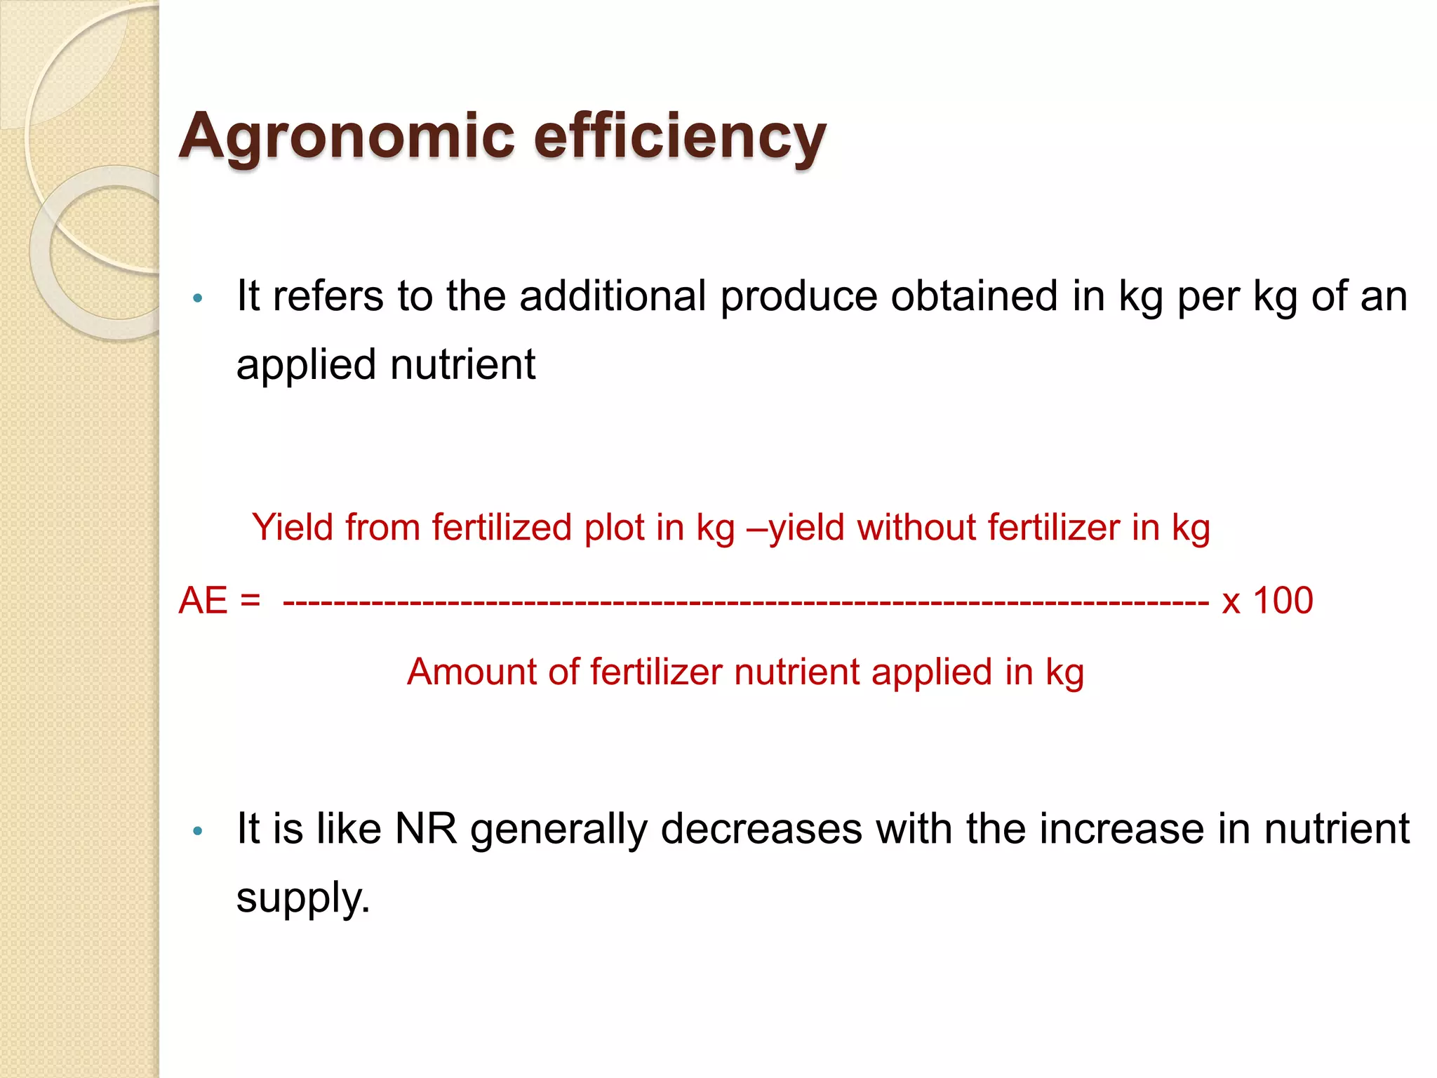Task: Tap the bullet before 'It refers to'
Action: (x=198, y=298)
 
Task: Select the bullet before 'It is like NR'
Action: (x=198, y=831)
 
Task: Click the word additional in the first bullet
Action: (x=613, y=295)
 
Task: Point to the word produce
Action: (x=798, y=297)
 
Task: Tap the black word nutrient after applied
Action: (x=462, y=364)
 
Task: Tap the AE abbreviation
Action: (x=203, y=601)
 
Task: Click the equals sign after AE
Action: (x=250, y=601)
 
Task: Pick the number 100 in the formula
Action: (x=1283, y=601)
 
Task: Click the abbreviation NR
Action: (x=426, y=828)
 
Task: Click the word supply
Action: (x=302, y=898)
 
